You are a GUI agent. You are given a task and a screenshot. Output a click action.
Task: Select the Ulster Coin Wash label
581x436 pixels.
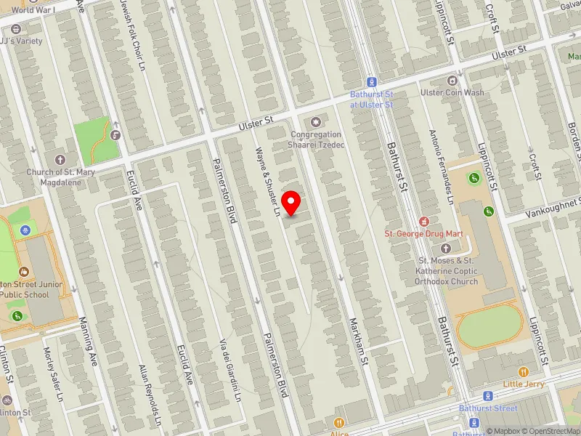click(452, 92)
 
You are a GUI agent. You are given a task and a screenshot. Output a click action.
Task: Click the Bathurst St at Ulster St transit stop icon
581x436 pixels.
click(371, 82)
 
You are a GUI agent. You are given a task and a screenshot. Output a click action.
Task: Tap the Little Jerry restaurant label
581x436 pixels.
click(522, 383)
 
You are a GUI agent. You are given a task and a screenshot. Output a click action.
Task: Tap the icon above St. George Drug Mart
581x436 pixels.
click(423, 220)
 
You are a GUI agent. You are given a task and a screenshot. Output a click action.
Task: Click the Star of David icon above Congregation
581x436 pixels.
click(315, 121)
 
